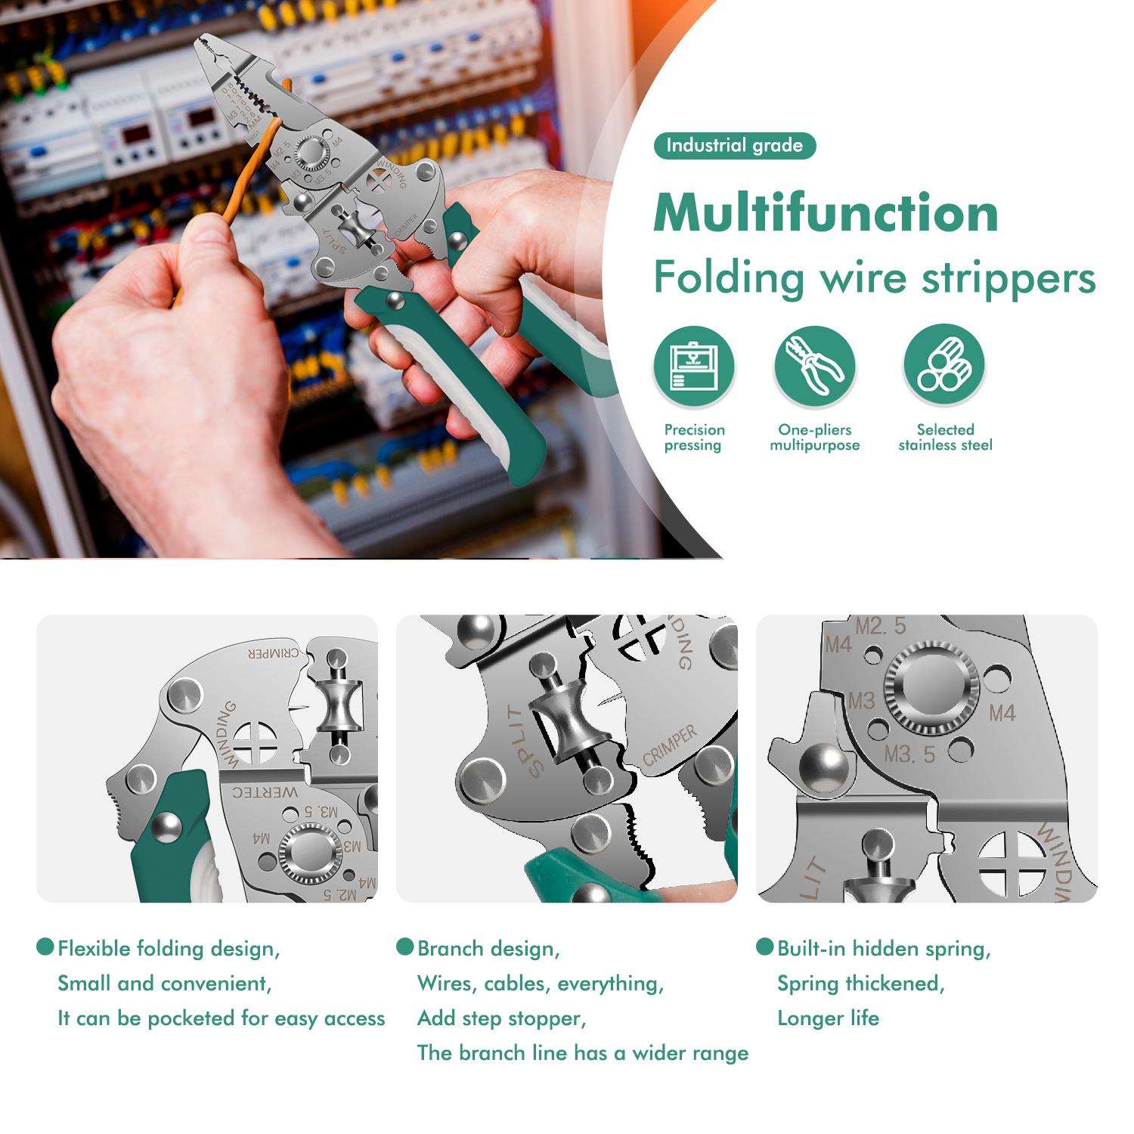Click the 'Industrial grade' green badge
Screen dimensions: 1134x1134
point(734,146)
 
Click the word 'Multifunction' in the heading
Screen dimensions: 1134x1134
point(826,212)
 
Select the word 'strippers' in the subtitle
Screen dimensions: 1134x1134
point(1009,277)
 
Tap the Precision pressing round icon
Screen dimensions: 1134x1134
point(694,367)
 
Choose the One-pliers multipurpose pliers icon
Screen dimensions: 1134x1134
point(814,367)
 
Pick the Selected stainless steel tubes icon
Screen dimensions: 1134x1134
point(944,367)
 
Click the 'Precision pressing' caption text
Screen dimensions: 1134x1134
point(694,437)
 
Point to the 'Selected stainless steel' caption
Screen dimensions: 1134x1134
point(945,437)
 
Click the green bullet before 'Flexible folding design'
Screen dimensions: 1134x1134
point(45,947)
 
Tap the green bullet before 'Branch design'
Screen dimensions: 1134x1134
point(405,947)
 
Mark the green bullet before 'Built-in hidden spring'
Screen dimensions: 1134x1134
point(765,947)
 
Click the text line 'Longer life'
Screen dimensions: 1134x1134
point(828,1018)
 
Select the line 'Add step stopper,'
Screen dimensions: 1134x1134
point(501,1018)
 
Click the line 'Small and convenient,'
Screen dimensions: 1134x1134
point(164,983)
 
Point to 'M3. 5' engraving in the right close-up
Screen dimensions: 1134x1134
point(909,754)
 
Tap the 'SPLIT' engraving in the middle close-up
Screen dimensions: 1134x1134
point(524,740)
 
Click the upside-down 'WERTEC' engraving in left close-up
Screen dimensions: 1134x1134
point(265,792)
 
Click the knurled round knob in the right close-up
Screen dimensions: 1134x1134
point(931,687)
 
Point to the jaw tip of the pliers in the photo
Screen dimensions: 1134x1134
point(203,45)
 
